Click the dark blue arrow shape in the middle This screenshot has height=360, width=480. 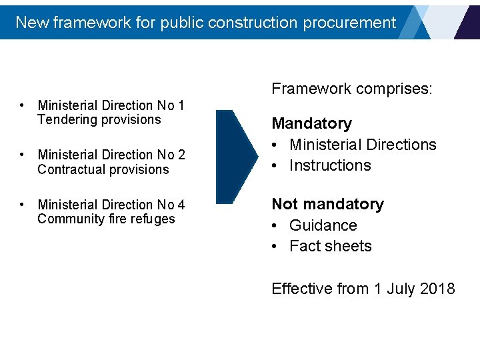click(235, 157)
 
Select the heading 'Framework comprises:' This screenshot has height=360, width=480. click(352, 89)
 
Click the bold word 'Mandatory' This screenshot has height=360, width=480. click(311, 124)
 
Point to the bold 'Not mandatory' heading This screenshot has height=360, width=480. click(327, 204)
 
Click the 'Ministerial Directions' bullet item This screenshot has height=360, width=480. click(363, 145)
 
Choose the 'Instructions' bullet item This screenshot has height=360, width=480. click(330, 165)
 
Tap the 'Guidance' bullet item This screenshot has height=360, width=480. click(323, 225)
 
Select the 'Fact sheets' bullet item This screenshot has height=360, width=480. click(330, 246)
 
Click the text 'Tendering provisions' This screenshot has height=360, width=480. click(99, 120)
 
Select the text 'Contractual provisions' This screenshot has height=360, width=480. click(103, 169)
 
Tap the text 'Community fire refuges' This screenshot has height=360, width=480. click(106, 219)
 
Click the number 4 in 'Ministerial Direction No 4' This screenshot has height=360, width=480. click(181, 205)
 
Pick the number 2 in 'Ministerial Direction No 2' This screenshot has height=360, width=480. click(181, 155)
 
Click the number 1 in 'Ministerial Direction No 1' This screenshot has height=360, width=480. click(181, 105)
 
